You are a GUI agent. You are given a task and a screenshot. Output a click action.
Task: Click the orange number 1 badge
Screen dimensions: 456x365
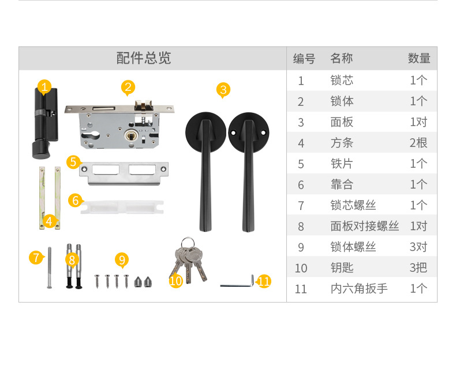(44, 87)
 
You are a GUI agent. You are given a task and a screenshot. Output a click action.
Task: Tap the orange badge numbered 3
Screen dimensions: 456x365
(223, 90)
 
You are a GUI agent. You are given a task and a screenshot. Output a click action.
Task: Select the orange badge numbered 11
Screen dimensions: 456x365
(264, 282)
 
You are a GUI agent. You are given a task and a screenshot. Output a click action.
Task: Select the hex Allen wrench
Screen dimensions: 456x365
(237, 283)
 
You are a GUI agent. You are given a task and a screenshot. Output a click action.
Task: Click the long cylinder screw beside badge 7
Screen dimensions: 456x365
(48, 268)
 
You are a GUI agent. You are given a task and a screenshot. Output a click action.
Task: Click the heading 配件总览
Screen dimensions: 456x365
(144, 58)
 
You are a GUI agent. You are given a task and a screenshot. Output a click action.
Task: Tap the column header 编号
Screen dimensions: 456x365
(304, 58)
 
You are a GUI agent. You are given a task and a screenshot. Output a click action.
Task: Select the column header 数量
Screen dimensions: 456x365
(419, 58)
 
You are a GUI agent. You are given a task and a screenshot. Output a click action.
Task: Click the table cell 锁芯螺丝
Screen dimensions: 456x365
(353, 205)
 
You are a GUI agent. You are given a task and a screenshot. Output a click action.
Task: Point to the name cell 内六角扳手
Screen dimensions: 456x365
(358, 289)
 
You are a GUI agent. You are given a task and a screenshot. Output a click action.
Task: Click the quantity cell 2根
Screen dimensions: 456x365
(418, 143)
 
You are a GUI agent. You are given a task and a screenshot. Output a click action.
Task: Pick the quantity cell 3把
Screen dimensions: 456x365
(418, 268)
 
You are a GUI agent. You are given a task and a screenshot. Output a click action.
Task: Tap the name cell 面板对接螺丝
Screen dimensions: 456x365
(364, 226)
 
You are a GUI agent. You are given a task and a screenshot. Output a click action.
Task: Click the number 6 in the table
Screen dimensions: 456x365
(301, 185)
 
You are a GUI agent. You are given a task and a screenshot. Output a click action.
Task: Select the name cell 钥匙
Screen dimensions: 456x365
(342, 268)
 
